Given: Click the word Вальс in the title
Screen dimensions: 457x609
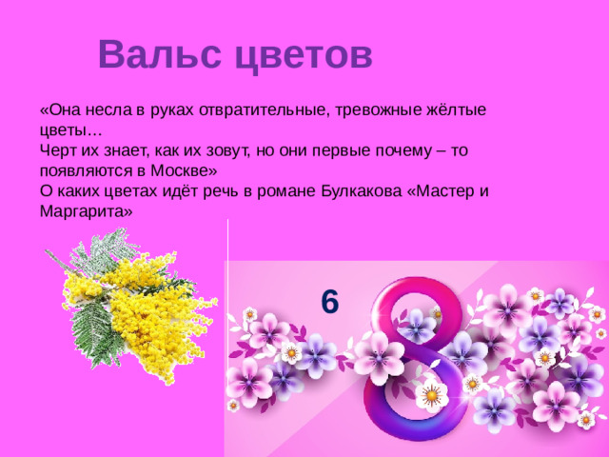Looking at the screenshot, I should (156, 54).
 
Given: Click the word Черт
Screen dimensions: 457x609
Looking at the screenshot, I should (57, 150).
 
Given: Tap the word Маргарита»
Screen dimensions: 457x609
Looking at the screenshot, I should (87, 211).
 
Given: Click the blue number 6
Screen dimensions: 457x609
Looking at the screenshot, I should (329, 301).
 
